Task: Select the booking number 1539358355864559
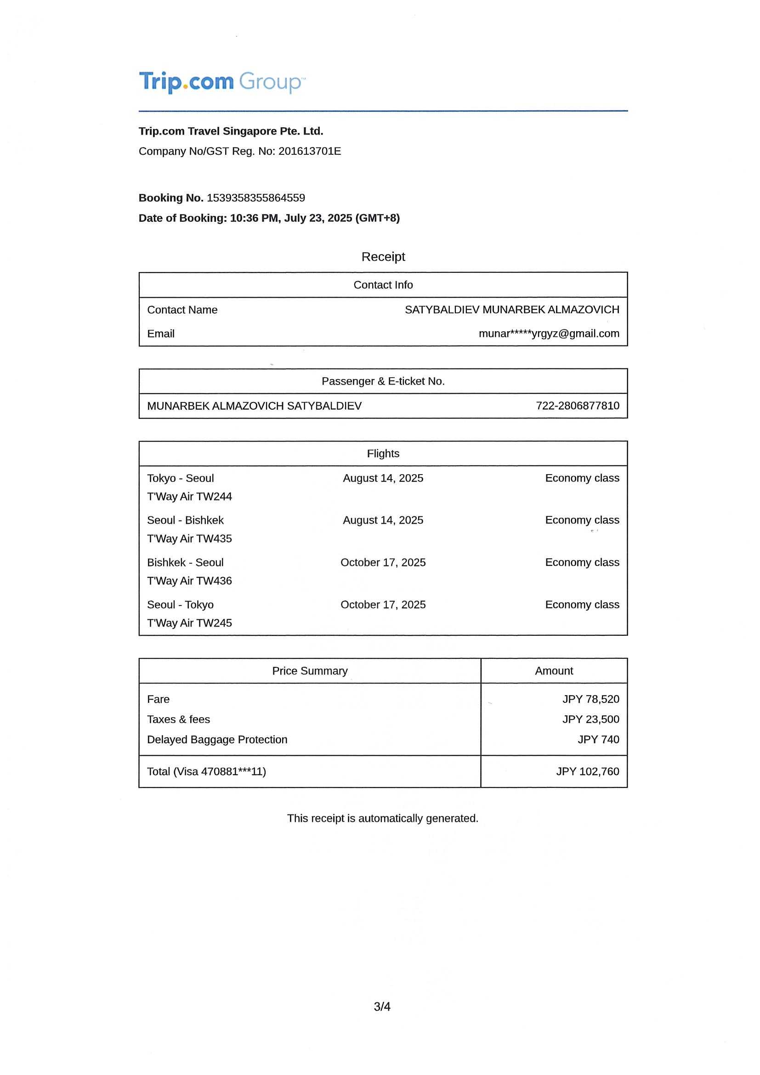[255, 198]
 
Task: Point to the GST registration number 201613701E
[310, 151]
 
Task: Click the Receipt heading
[383, 257]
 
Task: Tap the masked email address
[549, 334]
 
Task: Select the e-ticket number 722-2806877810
[578, 406]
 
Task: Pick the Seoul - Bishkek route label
[185, 520]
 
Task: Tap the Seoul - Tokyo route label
[180, 605]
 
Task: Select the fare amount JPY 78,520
[590, 699]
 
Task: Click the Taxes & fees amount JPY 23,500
[590, 719]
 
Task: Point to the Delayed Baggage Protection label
[217, 739]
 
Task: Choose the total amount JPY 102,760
[587, 771]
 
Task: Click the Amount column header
[554, 670]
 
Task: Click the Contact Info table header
[383, 285]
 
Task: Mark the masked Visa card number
[233, 771]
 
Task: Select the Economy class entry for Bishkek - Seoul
[582, 562]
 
